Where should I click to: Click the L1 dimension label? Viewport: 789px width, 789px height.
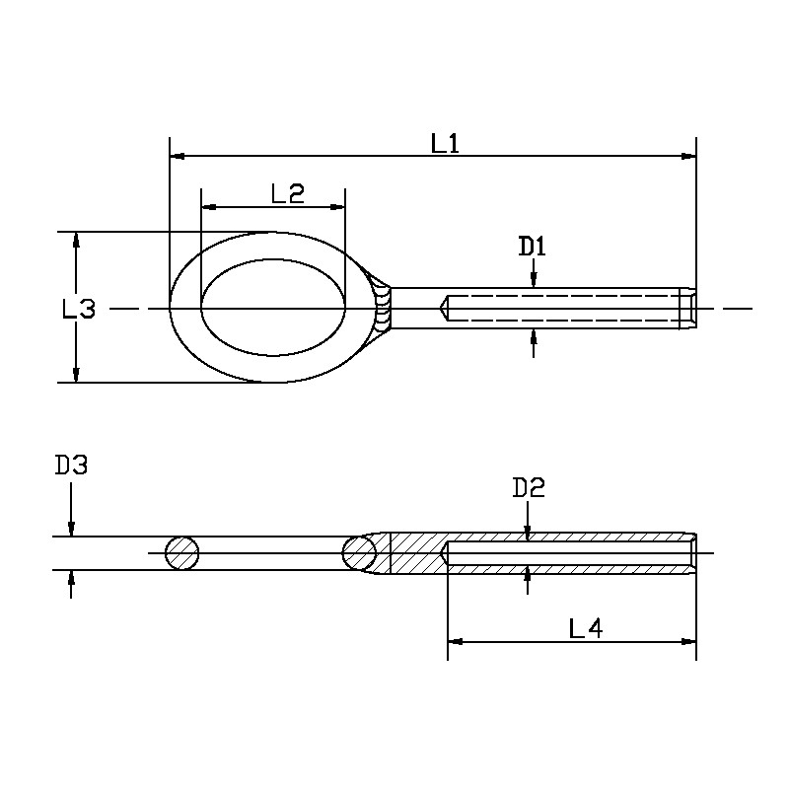pyautogui.click(x=446, y=143)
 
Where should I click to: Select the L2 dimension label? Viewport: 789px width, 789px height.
pyautogui.click(x=287, y=193)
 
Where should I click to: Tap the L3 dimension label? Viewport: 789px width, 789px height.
pyautogui.click(x=79, y=309)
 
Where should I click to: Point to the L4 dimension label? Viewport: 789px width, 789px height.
pyautogui.click(x=586, y=627)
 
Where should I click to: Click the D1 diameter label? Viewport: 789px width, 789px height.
pyautogui.click(x=533, y=247)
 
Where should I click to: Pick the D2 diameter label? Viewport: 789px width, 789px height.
pyautogui.click(x=529, y=487)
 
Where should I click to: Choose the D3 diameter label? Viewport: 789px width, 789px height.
pyautogui.click(x=71, y=465)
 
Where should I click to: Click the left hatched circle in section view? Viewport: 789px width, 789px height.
pyautogui.click(x=182, y=553)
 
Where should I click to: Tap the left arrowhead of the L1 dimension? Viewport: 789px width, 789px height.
pyautogui.click(x=177, y=156)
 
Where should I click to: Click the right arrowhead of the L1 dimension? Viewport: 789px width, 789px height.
pyautogui.click(x=689, y=156)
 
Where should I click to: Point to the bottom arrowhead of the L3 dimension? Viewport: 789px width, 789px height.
pyautogui.click(x=75, y=375)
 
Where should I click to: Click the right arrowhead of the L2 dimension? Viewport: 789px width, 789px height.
pyautogui.click(x=338, y=207)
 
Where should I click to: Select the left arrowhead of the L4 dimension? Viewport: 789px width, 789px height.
pyautogui.click(x=455, y=641)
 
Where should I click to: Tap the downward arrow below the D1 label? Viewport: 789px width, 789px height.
pyautogui.click(x=534, y=282)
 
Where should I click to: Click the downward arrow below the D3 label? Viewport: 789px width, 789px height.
pyautogui.click(x=71, y=530)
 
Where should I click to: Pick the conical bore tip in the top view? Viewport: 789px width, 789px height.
pyautogui.click(x=445, y=309)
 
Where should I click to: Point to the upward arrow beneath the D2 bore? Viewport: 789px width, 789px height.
pyautogui.click(x=529, y=574)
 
